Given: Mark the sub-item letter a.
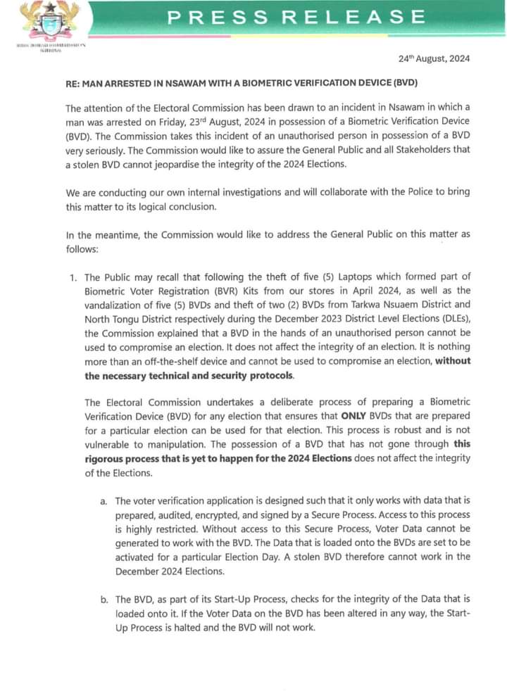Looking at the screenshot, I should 104,502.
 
